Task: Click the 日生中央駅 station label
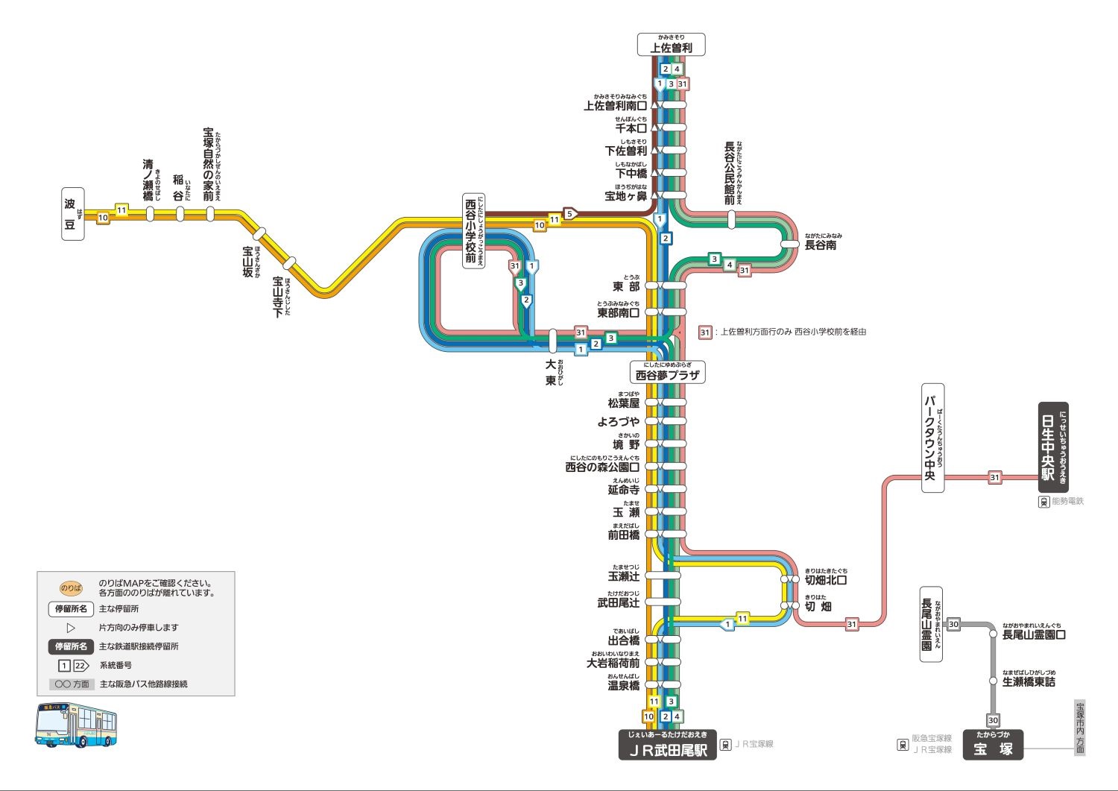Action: (x=1053, y=447)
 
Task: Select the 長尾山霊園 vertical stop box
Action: (x=930, y=625)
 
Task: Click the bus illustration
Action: (x=77, y=725)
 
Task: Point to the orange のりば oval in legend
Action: (x=71, y=588)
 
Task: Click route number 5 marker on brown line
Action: (x=570, y=214)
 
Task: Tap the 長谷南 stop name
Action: (x=820, y=245)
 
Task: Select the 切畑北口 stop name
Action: (x=825, y=580)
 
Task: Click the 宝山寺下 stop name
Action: (x=279, y=297)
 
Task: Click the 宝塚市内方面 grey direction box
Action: (x=1079, y=728)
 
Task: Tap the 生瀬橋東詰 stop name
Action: (x=1029, y=681)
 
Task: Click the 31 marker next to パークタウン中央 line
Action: (x=994, y=477)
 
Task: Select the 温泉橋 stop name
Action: (x=623, y=685)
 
